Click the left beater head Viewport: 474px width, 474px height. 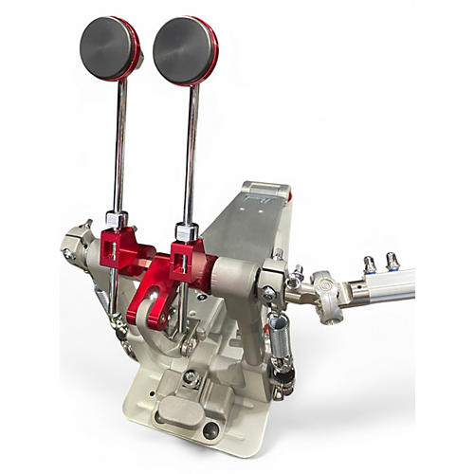108,46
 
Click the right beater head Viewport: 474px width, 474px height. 185,48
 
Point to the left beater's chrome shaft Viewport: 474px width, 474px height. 120,142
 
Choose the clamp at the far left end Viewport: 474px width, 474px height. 75,244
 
